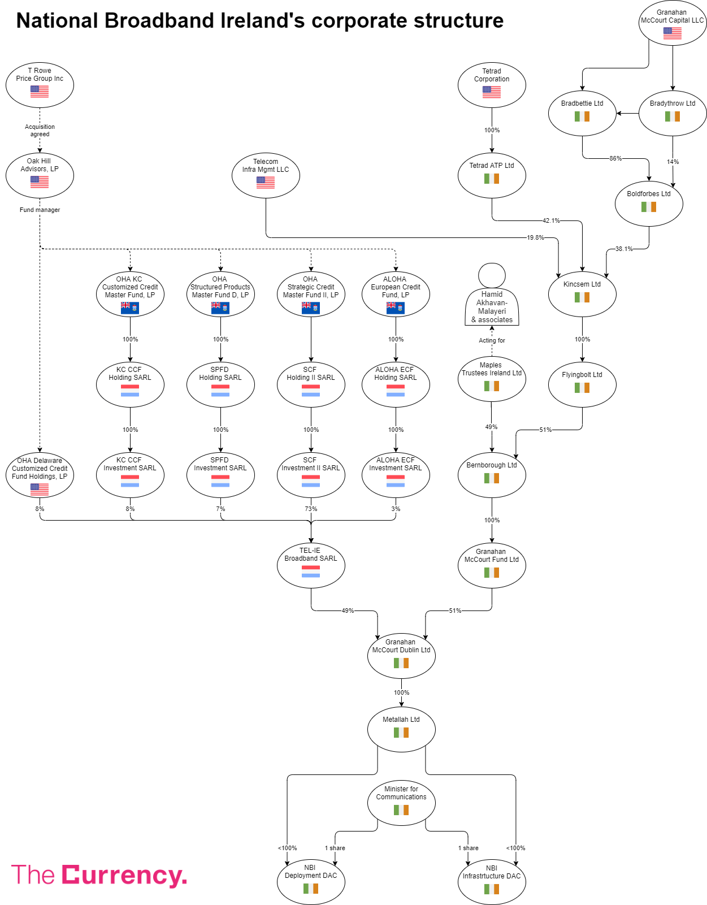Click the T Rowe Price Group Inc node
tap(40, 85)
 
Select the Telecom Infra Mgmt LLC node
tap(266, 175)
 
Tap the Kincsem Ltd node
tap(582, 294)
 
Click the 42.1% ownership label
tap(551, 220)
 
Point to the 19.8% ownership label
tap(535, 237)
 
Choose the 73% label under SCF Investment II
tap(311, 509)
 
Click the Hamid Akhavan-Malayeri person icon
tap(492, 294)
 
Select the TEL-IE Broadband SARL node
tap(311, 565)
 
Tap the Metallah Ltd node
tap(401, 729)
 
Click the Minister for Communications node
tap(401, 803)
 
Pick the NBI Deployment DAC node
tap(311, 882)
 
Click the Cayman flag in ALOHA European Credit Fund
tap(396, 308)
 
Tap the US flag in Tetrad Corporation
tap(492, 92)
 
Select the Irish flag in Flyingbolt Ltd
tap(582, 388)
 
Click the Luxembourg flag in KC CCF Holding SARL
tap(130, 391)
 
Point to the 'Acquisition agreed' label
tap(40, 131)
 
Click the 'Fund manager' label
tap(40, 210)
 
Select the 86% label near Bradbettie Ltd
tap(615, 158)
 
